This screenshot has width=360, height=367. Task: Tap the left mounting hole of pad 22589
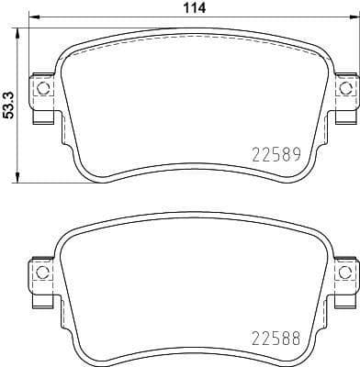click(39, 88)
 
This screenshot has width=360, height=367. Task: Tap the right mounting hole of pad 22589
click(345, 88)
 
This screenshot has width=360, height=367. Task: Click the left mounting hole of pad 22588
click(39, 272)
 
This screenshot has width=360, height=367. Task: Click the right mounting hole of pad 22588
click(345, 272)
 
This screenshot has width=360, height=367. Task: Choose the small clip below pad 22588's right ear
click(346, 299)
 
